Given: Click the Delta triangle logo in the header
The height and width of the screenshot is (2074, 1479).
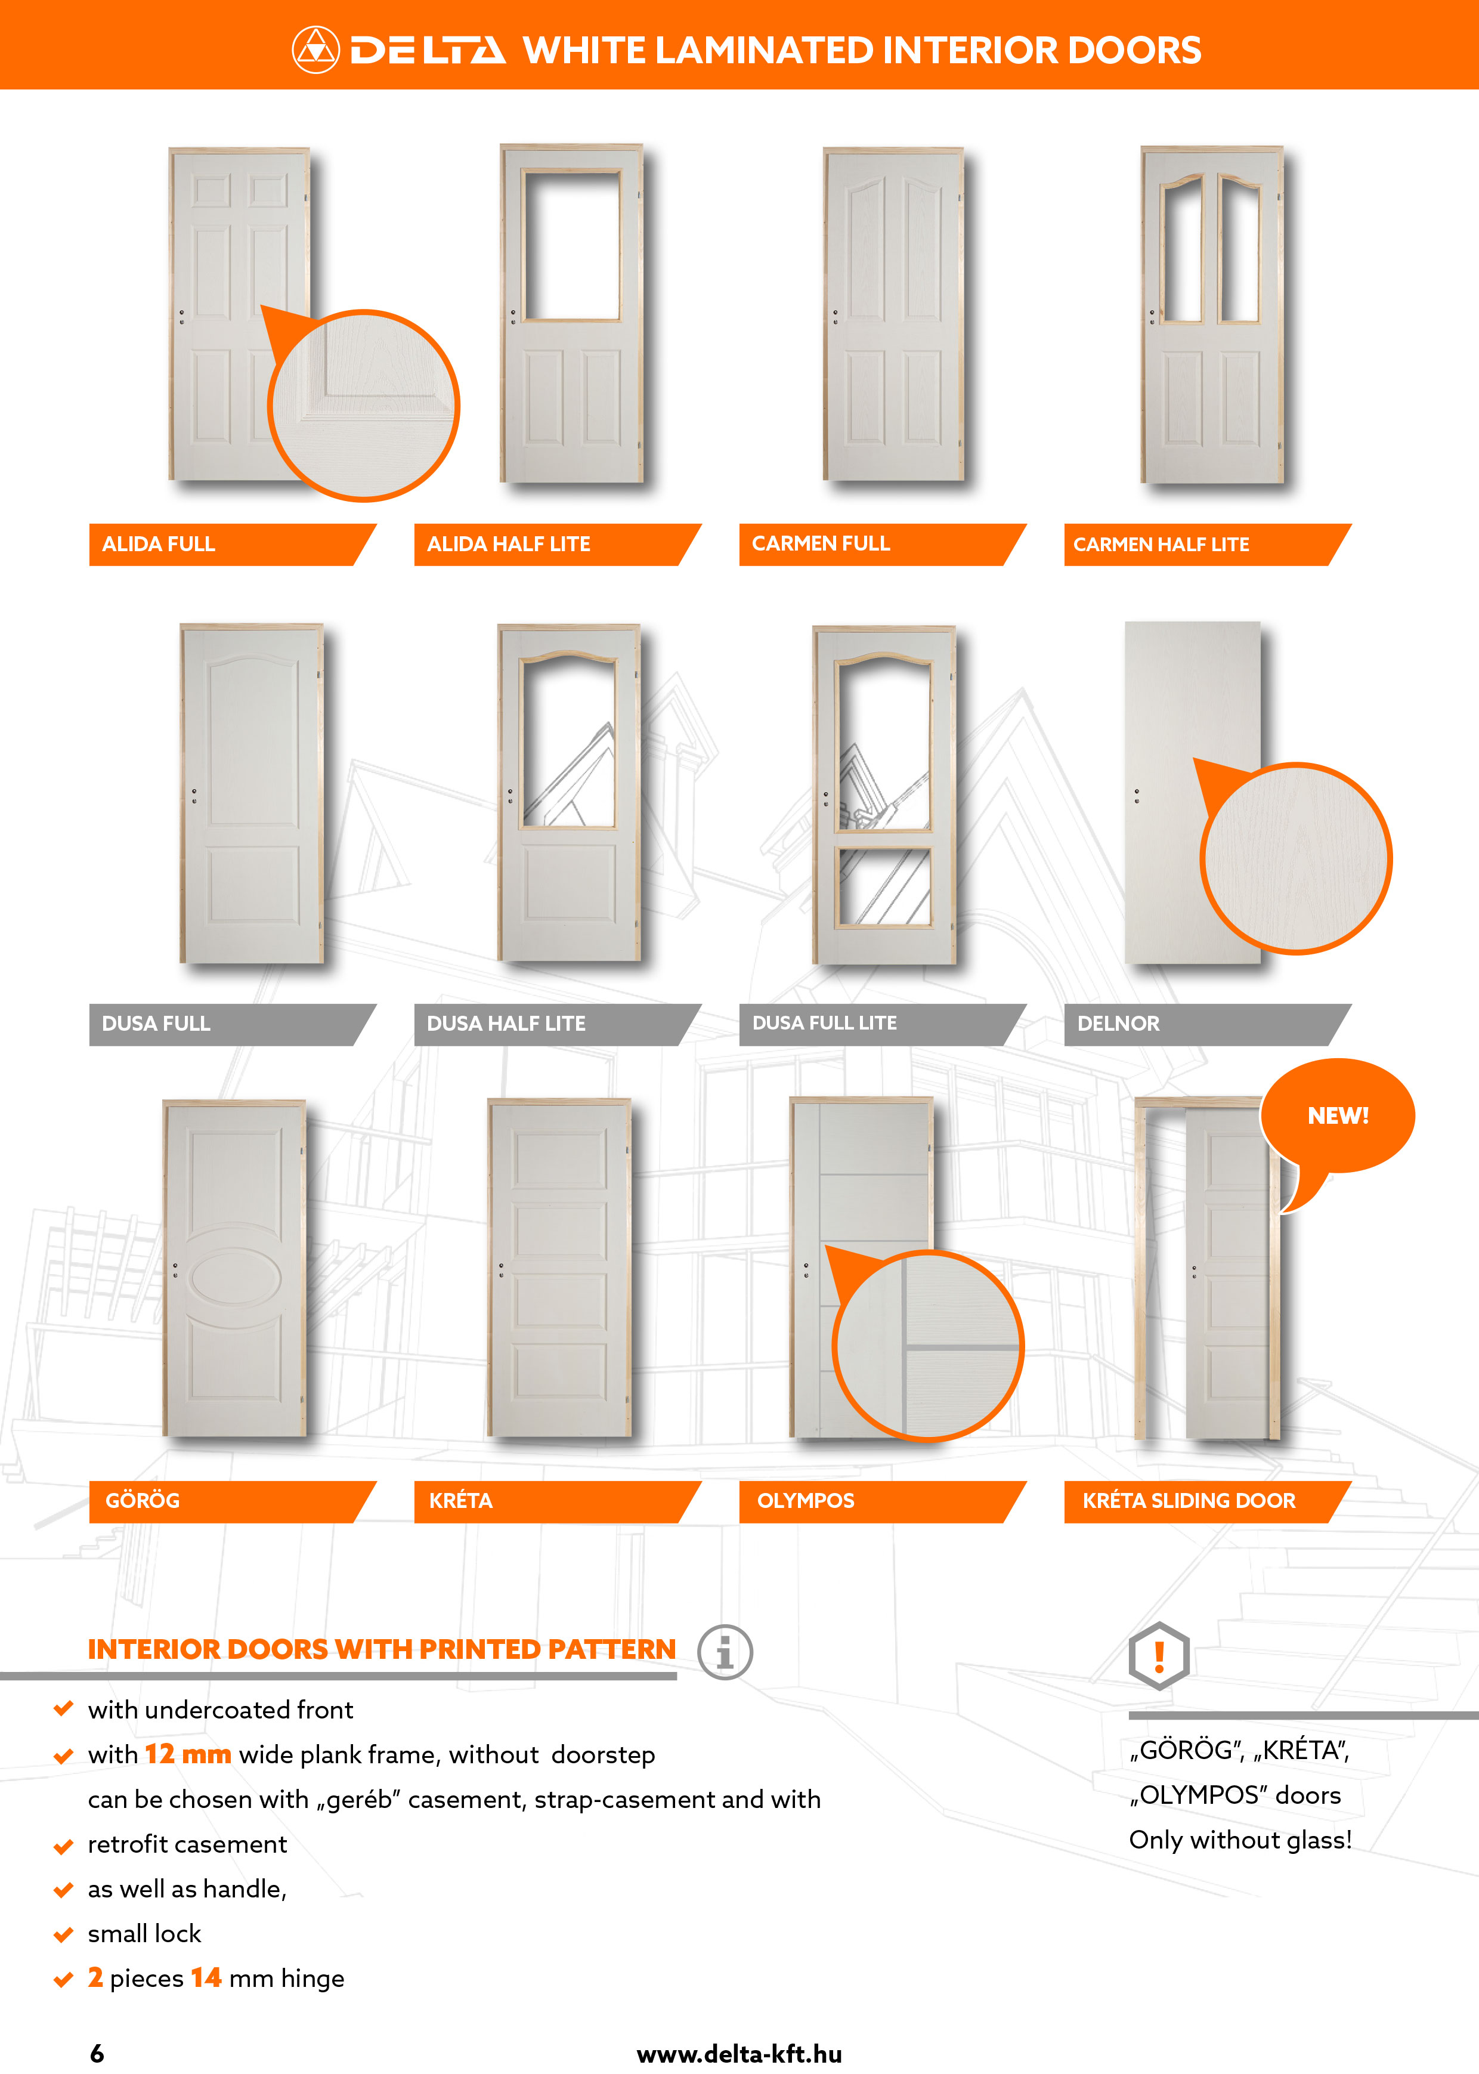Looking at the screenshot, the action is click(315, 50).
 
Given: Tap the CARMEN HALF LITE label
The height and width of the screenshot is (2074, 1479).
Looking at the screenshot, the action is click(1161, 545).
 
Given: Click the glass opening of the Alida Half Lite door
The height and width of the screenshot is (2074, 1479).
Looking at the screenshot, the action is click(572, 246).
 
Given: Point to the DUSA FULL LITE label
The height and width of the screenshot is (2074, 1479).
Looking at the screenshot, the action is click(824, 1023).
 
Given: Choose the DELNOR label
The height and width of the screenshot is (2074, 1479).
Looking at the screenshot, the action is click(1118, 1024).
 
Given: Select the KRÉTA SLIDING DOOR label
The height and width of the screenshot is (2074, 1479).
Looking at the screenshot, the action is click(1189, 1500).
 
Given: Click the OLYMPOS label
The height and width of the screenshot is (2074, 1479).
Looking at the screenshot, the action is click(806, 1500).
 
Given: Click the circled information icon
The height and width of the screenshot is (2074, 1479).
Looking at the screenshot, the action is click(725, 1651).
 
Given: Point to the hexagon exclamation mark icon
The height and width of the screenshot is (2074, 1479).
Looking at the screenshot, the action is click(1158, 1656).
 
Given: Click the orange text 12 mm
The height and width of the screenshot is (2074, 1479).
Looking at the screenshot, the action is click(188, 1754).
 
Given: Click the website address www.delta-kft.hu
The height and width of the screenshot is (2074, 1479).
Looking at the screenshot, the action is click(739, 2054).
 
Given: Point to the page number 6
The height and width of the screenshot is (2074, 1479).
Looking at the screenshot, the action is click(97, 2053).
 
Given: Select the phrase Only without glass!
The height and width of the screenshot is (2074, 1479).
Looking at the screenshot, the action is click(1240, 1840).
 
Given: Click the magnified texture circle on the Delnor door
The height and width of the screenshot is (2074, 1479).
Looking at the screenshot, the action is click(1296, 858).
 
